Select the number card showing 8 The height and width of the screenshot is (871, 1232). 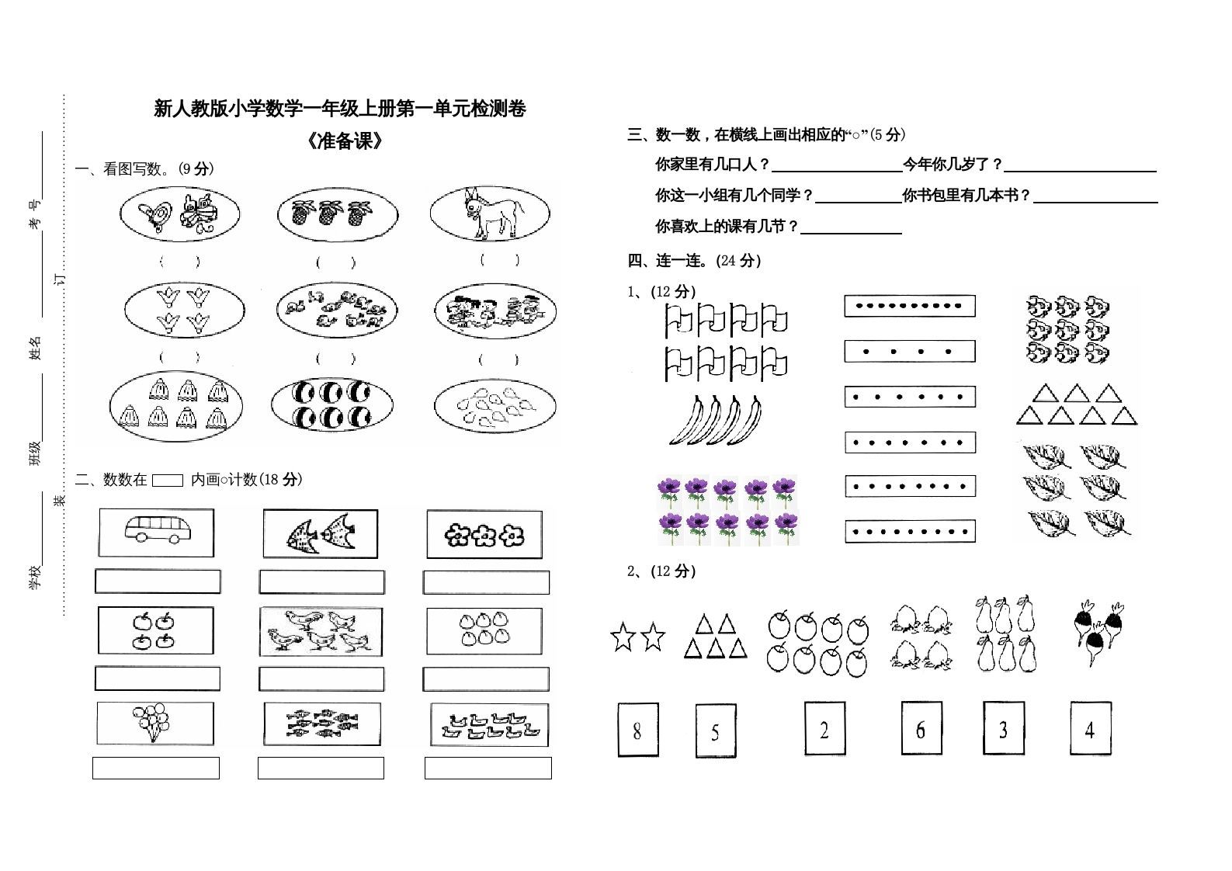click(637, 730)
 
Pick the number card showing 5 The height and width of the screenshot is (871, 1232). click(715, 731)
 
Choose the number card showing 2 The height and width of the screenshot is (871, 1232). click(824, 729)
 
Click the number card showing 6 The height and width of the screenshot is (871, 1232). click(921, 728)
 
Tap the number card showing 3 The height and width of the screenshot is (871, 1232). click(1003, 728)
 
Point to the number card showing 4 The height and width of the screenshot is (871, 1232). click(1090, 728)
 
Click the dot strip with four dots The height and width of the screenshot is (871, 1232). click(909, 351)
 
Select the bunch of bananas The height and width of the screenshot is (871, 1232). click(715, 420)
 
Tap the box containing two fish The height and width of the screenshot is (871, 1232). click(320, 534)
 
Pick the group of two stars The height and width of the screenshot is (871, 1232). click(638, 637)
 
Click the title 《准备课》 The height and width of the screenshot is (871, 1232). click(345, 141)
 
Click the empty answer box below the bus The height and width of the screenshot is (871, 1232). click(158, 581)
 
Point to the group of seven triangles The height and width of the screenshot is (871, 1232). click(1076, 404)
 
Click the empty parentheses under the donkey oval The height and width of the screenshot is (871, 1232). click(499, 260)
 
